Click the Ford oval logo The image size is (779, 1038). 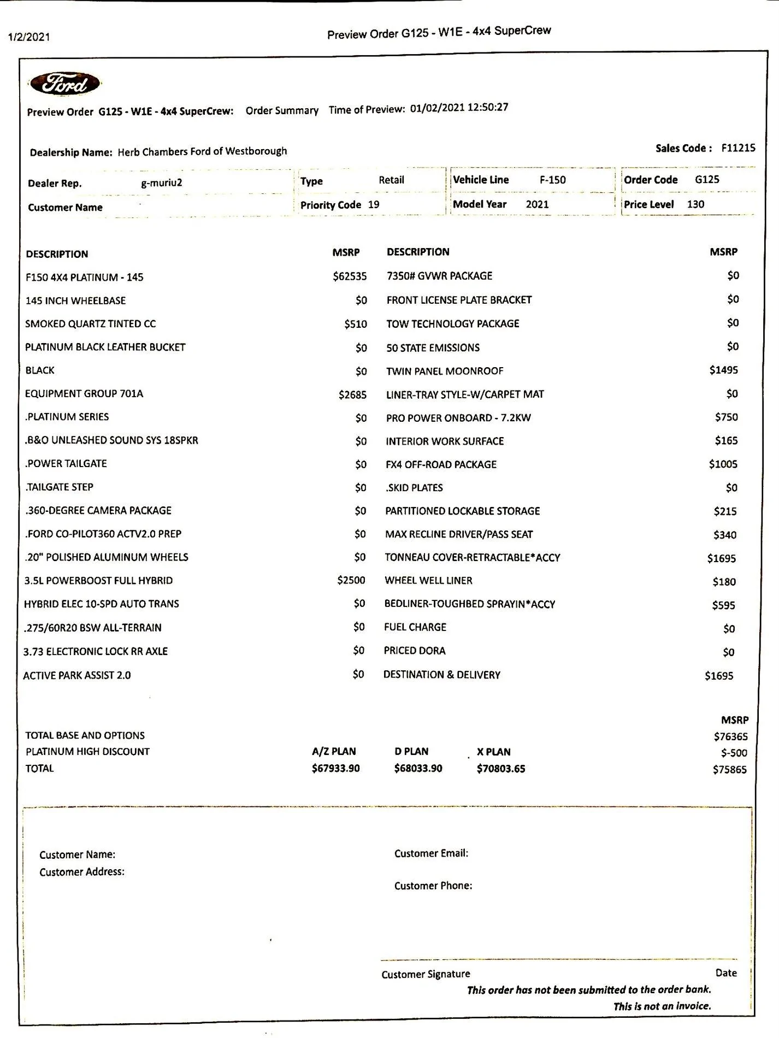tap(65, 84)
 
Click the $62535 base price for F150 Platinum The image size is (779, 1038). tap(350, 276)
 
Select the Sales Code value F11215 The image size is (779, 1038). tap(738, 148)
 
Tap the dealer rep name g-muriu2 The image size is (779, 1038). tap(161, 183)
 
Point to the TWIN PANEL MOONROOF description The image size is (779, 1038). tap(445, 371)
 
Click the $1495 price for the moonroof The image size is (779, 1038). tap(723, 370)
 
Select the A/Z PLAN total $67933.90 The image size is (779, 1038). tap(335, 768)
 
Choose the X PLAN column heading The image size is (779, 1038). tap(493, 752)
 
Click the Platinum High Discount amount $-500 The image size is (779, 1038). tap(734, 753)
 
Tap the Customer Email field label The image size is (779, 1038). tap(431, 853)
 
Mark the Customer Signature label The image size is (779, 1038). tap(426, 974)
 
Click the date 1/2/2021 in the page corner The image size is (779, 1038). tap(29, 37)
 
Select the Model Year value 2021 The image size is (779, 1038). tap(537, 204)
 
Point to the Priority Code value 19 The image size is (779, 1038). tap(374, 204)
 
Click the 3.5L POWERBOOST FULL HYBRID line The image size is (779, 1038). tap(98, 580)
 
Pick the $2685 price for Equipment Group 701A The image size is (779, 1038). tap(352, 394)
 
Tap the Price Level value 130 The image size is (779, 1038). tap(695, 204)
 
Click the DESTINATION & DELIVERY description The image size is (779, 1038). tap(441, 675)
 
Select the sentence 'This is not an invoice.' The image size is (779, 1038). tap(662, 1006)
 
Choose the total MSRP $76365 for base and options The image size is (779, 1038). tap(730, 736)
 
